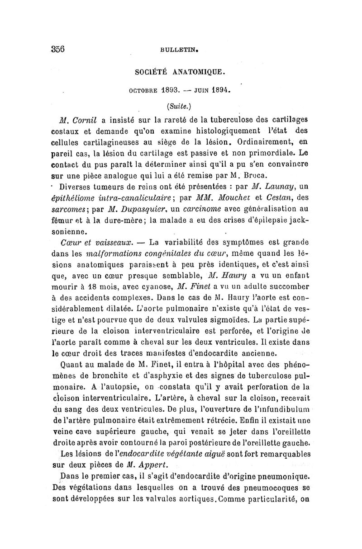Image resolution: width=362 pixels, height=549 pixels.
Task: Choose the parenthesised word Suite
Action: click(x=174, y=106)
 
